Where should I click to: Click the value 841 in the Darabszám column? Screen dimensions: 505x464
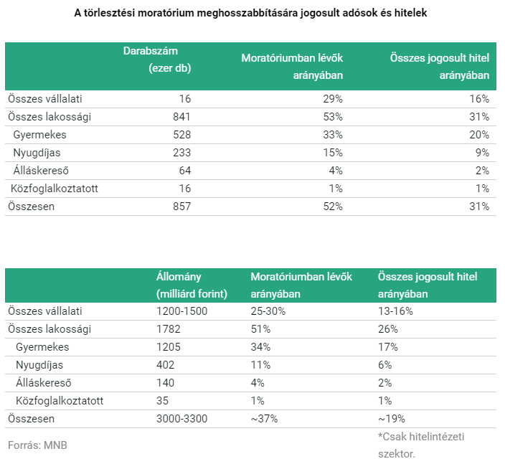(181, 117)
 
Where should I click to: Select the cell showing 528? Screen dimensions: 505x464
(182, 135)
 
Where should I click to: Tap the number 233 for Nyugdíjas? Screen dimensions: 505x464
(182, 153)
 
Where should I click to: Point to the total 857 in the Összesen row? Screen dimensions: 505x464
(182, 207)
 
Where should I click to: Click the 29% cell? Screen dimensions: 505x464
(333, 99)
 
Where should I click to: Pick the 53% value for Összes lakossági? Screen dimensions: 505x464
(333, 117)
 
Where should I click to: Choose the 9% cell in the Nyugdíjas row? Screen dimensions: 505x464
(482, 153)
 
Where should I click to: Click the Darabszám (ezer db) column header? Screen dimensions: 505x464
(157, 60)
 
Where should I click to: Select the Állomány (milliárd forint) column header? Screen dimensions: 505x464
(192, 285)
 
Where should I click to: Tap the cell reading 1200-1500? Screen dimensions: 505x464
(182, 311)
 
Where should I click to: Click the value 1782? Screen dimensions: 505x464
(169, 329)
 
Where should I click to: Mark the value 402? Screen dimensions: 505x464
(165, 365)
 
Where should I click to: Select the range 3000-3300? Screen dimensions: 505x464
(182, 419)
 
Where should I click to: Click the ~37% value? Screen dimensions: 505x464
(264, 419)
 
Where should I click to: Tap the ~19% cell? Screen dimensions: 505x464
(392, 419)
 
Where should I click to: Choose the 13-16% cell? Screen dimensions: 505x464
(395, 311)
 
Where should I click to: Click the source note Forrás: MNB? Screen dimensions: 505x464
(38, 445)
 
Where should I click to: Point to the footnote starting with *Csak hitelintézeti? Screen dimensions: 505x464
(421, 445)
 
